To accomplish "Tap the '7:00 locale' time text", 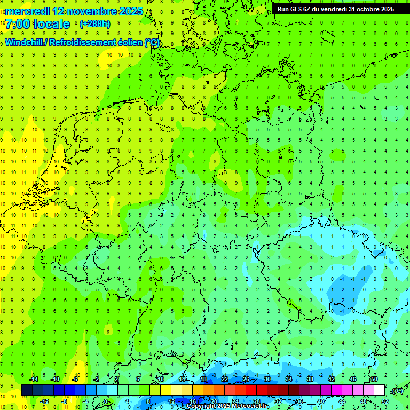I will pos(37,24).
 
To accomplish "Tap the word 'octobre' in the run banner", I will pos(364,9).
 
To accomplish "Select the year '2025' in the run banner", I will pos(386,9).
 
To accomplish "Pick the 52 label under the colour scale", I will pos(384,401).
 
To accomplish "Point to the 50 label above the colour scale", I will pos(374,379).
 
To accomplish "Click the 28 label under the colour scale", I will pos(256,401).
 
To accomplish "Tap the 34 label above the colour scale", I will pos(288,379).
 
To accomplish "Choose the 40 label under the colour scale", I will pos(320,401).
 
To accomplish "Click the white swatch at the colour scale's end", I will pos(379,390).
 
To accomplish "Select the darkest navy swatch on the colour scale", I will pos(27,390).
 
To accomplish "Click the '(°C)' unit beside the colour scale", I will pos(397,391).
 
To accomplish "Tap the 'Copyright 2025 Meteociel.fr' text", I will pos(227,406).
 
